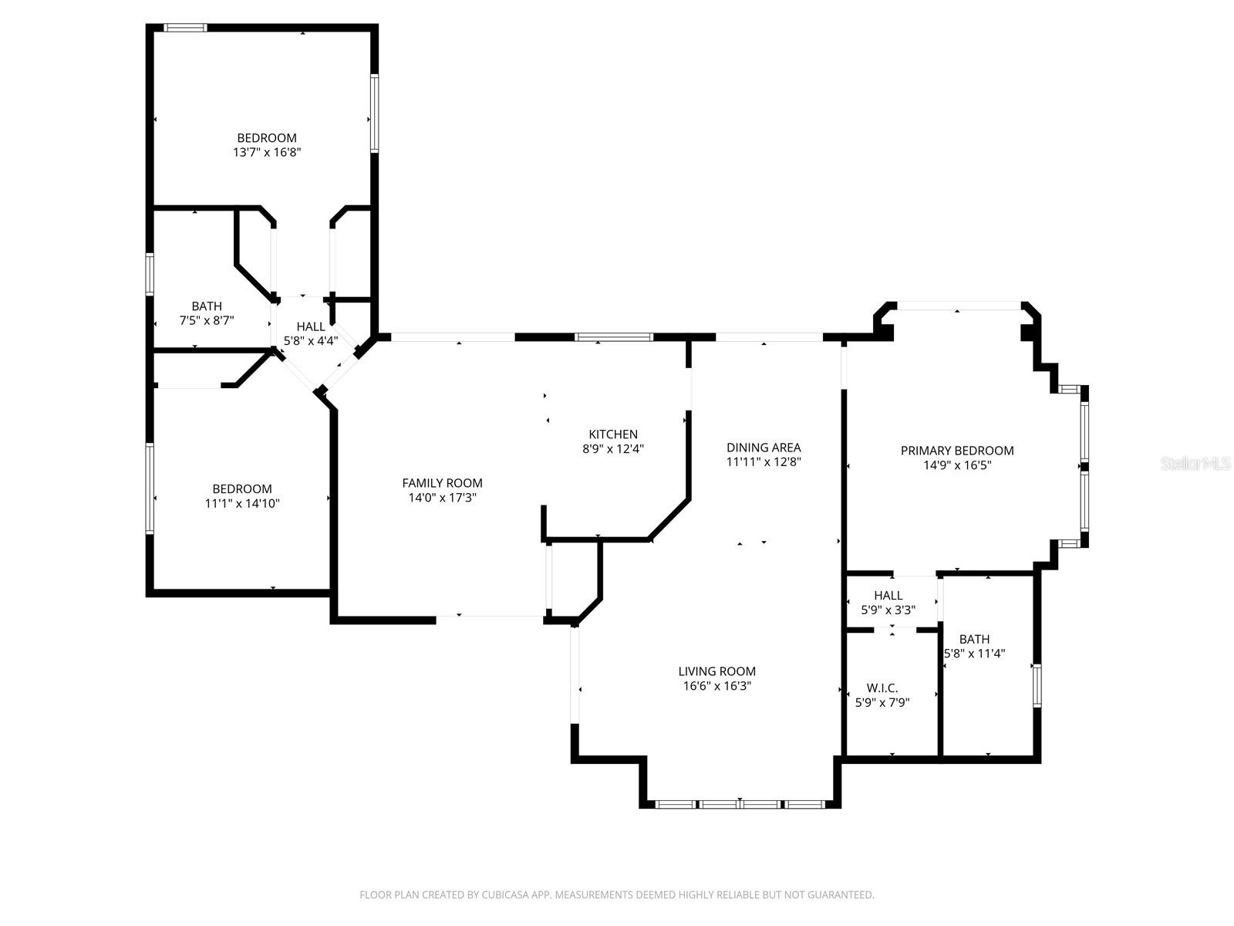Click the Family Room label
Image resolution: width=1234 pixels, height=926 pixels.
click(442, 483)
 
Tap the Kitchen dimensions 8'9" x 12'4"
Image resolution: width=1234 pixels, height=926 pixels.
click(613, 448)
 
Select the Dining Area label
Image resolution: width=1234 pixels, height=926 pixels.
click(764, 448)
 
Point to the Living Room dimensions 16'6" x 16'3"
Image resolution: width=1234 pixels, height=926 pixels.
click(717, 686)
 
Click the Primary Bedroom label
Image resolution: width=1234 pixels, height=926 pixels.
click(957, 451)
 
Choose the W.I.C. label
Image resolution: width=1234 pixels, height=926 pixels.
click(882, 688)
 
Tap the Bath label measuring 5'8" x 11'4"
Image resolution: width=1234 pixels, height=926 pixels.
click(975, 639)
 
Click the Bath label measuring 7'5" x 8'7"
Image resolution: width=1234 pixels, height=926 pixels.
click(207, 306)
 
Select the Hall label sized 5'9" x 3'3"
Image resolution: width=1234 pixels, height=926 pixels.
click(888, 596)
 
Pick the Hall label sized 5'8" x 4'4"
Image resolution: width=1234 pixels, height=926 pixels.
click(311, 326)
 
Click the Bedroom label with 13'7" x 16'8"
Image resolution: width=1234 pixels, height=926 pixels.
click(267, 138)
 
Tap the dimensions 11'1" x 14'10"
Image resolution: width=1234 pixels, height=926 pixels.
click(242, 504)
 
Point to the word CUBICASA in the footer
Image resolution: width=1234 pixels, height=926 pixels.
click(504, 894)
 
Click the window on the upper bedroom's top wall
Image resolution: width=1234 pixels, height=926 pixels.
click(185, 29)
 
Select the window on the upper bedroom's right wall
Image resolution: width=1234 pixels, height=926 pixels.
click(374, 113)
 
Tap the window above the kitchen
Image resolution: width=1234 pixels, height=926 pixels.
click(614, 337)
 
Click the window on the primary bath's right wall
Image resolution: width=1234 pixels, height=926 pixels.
click(1037, 686)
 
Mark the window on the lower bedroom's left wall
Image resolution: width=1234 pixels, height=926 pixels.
click(150, 488)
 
